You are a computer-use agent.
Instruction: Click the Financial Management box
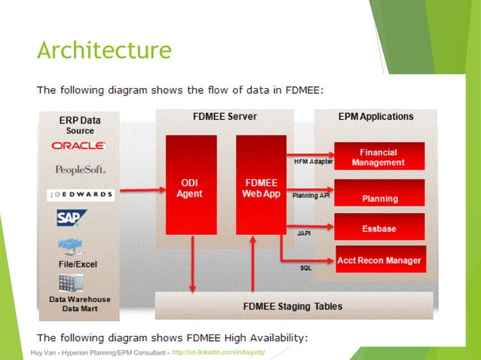point(379,156)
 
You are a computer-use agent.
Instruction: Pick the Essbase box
point(379,227)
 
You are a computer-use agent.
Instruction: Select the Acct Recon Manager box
point(379,261)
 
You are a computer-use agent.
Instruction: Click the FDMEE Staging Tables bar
point(293,306)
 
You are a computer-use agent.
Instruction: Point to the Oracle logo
point(78,145)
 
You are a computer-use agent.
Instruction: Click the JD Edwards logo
point(78,194)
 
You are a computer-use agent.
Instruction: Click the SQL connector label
point(306,267)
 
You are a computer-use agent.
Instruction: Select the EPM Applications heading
point(375,117)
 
